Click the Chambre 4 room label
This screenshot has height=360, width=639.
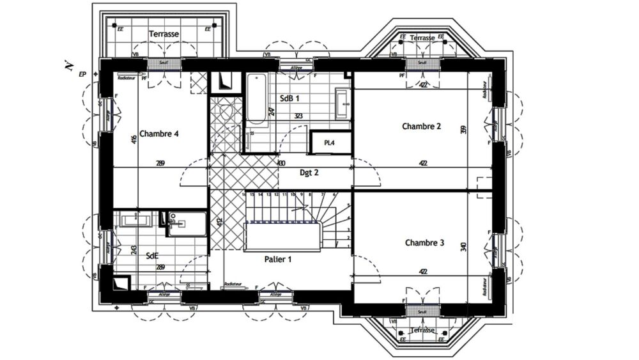(158, 134)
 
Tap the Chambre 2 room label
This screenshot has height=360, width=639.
(421, 126)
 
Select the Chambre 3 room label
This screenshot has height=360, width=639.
(424, 243)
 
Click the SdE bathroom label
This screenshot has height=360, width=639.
(152, 255)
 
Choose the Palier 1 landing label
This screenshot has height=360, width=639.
(278, 259)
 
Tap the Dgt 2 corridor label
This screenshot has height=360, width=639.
(309, 173)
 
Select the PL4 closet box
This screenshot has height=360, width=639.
(330, 143)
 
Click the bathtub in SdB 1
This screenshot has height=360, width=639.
(257, 99)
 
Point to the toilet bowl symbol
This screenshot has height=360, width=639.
(224, 113)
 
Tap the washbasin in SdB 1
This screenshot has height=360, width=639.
(342, 102)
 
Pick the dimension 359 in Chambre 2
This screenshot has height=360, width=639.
(463, 130)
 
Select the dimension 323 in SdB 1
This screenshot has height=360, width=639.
(298, 116)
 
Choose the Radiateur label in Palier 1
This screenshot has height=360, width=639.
(233, 284)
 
